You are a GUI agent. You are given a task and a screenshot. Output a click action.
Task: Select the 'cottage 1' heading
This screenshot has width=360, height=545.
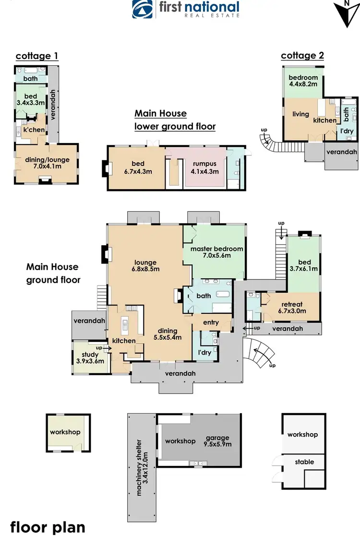37,56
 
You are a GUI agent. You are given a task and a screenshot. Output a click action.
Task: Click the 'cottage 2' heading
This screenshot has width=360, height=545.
302,56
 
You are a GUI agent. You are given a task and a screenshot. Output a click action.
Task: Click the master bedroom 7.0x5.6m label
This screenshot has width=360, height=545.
216,252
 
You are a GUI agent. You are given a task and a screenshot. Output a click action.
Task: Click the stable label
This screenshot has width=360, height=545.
304,462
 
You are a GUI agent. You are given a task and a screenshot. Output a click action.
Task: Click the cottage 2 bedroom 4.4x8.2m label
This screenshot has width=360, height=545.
303,81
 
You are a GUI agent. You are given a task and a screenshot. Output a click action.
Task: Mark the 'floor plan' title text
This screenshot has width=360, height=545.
48,527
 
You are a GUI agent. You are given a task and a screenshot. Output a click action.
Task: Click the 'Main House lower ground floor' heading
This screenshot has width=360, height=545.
175,120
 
